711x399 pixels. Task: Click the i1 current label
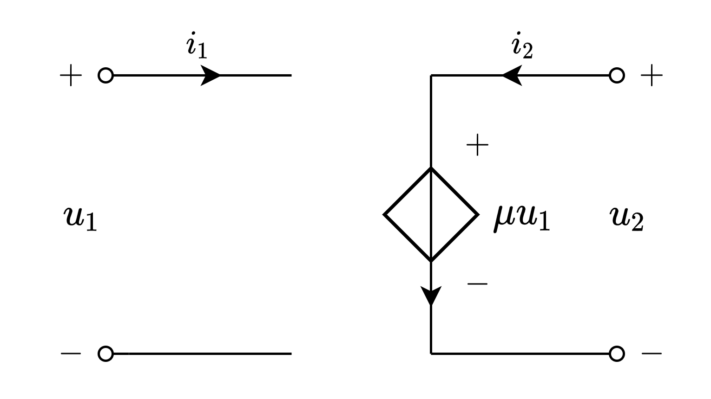[x=197, y=46]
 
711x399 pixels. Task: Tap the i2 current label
[x=522, y=46]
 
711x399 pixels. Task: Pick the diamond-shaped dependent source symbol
[x=431, y=214]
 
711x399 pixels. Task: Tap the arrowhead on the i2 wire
[x=512, y=75]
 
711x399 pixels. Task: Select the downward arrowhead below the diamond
[x=431, y=295]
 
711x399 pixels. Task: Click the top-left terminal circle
[x=105, y=75]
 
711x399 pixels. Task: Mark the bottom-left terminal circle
[x=105, y=354]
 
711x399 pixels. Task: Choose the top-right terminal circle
[x=617, y=75]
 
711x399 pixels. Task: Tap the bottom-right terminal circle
[x=617, y=354]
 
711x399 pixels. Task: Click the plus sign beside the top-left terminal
[x=71, y=75]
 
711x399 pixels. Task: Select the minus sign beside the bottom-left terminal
[x=71, y=354]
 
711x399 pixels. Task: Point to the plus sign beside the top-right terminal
[x=652, y=75]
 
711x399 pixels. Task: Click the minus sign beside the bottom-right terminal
[x=652, y=354]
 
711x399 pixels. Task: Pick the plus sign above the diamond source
[x=477, y=145]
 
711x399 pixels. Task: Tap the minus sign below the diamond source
[x=477, y=283]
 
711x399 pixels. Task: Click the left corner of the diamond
[x=385, y=214]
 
